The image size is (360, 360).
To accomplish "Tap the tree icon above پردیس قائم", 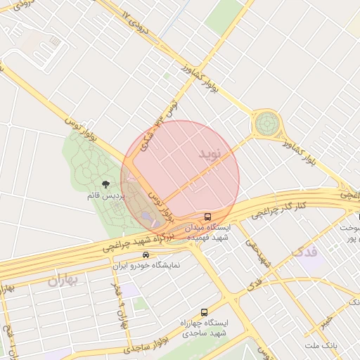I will pyautogui.click(x=105, y=184).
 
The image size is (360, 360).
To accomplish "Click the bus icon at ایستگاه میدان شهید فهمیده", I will pyautogui.click(x=207, y=217).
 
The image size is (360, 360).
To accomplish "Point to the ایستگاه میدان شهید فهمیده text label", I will pyautogui.click(x=207, y=233).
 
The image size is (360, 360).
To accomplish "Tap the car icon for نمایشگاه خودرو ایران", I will pyautogui.click(x=146, y=255).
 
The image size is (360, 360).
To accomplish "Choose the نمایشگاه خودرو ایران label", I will pyautogui.click(x=148, y=266).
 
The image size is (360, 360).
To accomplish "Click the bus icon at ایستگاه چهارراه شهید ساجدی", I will pyautogui.click(x=205, y=311).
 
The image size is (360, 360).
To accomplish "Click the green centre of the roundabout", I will pyautogui.click(x=267, y=124).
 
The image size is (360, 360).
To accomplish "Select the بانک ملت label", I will pyautogui.click(x=322, y=346).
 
